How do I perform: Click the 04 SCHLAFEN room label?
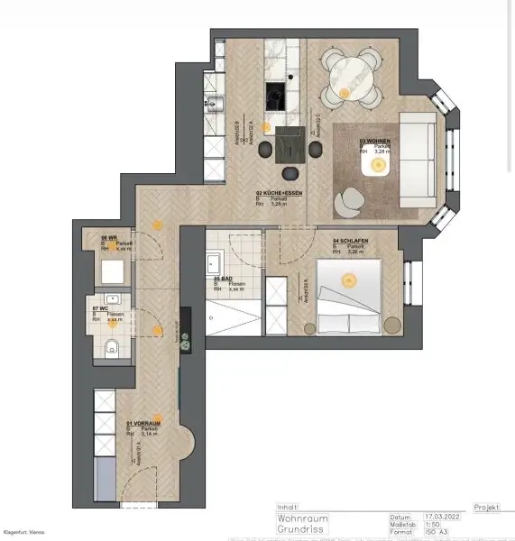pyautogui.click(x=347, y=241)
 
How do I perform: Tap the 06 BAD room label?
pyautogui.click(x=225, y=279)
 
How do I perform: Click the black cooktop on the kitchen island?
pyautogui.click(x=275, y=94)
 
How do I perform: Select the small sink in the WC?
pyautogui.click(x=113, y=300)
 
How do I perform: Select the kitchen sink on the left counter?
pyautogui.click(x=214, y=105)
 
